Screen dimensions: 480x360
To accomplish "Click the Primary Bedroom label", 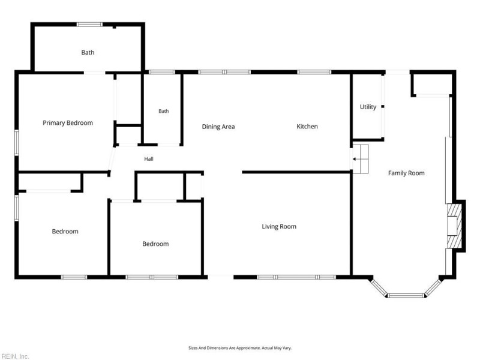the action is (x=68, y=123).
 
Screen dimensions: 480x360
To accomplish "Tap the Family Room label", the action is (x=406, y=173).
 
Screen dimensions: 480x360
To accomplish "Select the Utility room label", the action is (x=368, y=107).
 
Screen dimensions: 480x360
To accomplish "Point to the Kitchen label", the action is (x=307, y=127).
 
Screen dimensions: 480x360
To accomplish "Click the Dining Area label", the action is (x=218, y=127).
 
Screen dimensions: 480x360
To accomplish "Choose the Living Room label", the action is (x=279, y=227).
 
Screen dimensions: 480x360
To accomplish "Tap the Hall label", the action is (x=149, y=159).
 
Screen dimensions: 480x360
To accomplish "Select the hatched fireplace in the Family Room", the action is (x=454, y=226).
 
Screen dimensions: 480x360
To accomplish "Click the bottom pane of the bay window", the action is (x=406, y=296).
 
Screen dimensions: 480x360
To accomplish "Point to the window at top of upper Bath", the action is (x=89, y=25).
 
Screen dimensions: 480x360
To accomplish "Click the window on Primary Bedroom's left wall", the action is (x=17, y=143).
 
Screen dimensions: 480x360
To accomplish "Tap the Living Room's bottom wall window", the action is (x=296, y=277).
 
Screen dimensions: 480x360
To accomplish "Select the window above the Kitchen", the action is (x=314, y=72).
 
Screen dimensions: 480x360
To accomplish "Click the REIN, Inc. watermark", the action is (x=14, y=356).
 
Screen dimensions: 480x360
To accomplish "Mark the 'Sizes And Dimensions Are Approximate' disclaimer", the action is (x=240, y=348).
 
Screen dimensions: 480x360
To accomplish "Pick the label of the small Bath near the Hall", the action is (x=164, y=111).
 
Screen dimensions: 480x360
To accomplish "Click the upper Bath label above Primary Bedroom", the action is (x=88, y=53).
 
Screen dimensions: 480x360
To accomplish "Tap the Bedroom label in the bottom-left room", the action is (x=65, y=232).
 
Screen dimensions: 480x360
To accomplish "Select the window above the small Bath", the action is (x=161, y=72).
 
